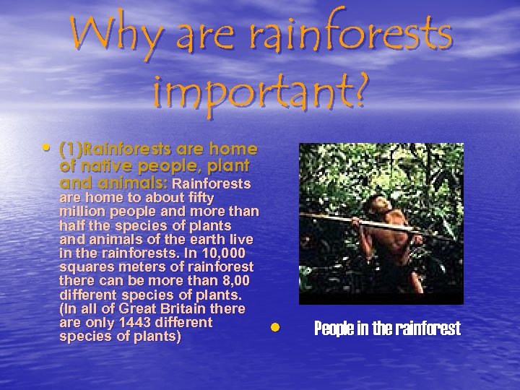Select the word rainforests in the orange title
coord(361,37)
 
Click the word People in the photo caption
coord(337,329)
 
